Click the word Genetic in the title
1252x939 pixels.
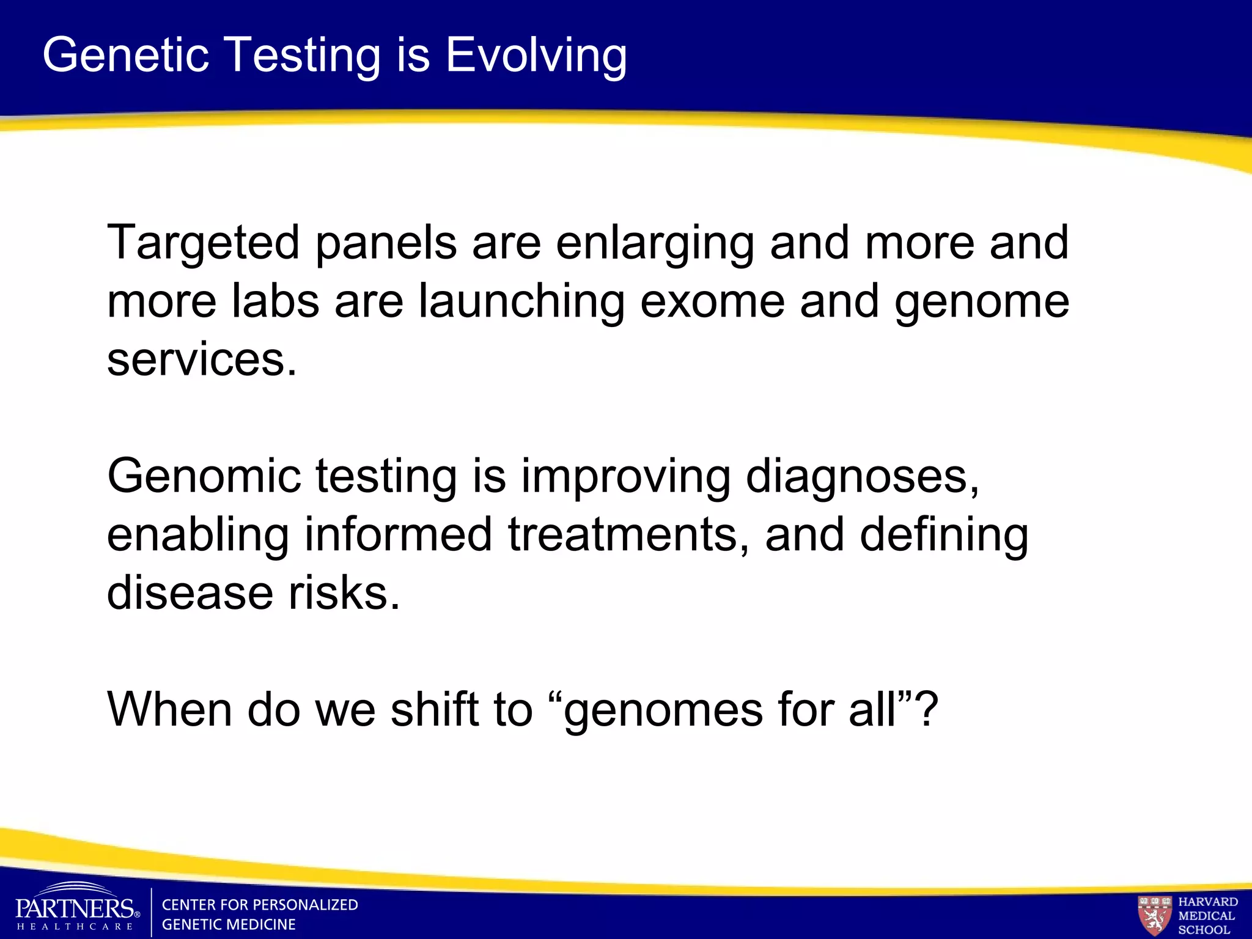[125, 55]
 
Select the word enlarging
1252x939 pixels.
[655, 243]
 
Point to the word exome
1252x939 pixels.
[712, 301]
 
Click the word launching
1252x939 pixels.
[521, 301]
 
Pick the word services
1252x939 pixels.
[201, 359]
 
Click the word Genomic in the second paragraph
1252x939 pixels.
[204, 477]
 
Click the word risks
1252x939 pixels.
[344, 593]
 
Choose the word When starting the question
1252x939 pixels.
[169, 709]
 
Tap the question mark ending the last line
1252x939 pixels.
[927, 709]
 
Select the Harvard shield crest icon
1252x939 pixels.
[1154, 915]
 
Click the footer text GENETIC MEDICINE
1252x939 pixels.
[228, 924]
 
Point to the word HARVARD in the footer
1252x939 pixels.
[1208, 902]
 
